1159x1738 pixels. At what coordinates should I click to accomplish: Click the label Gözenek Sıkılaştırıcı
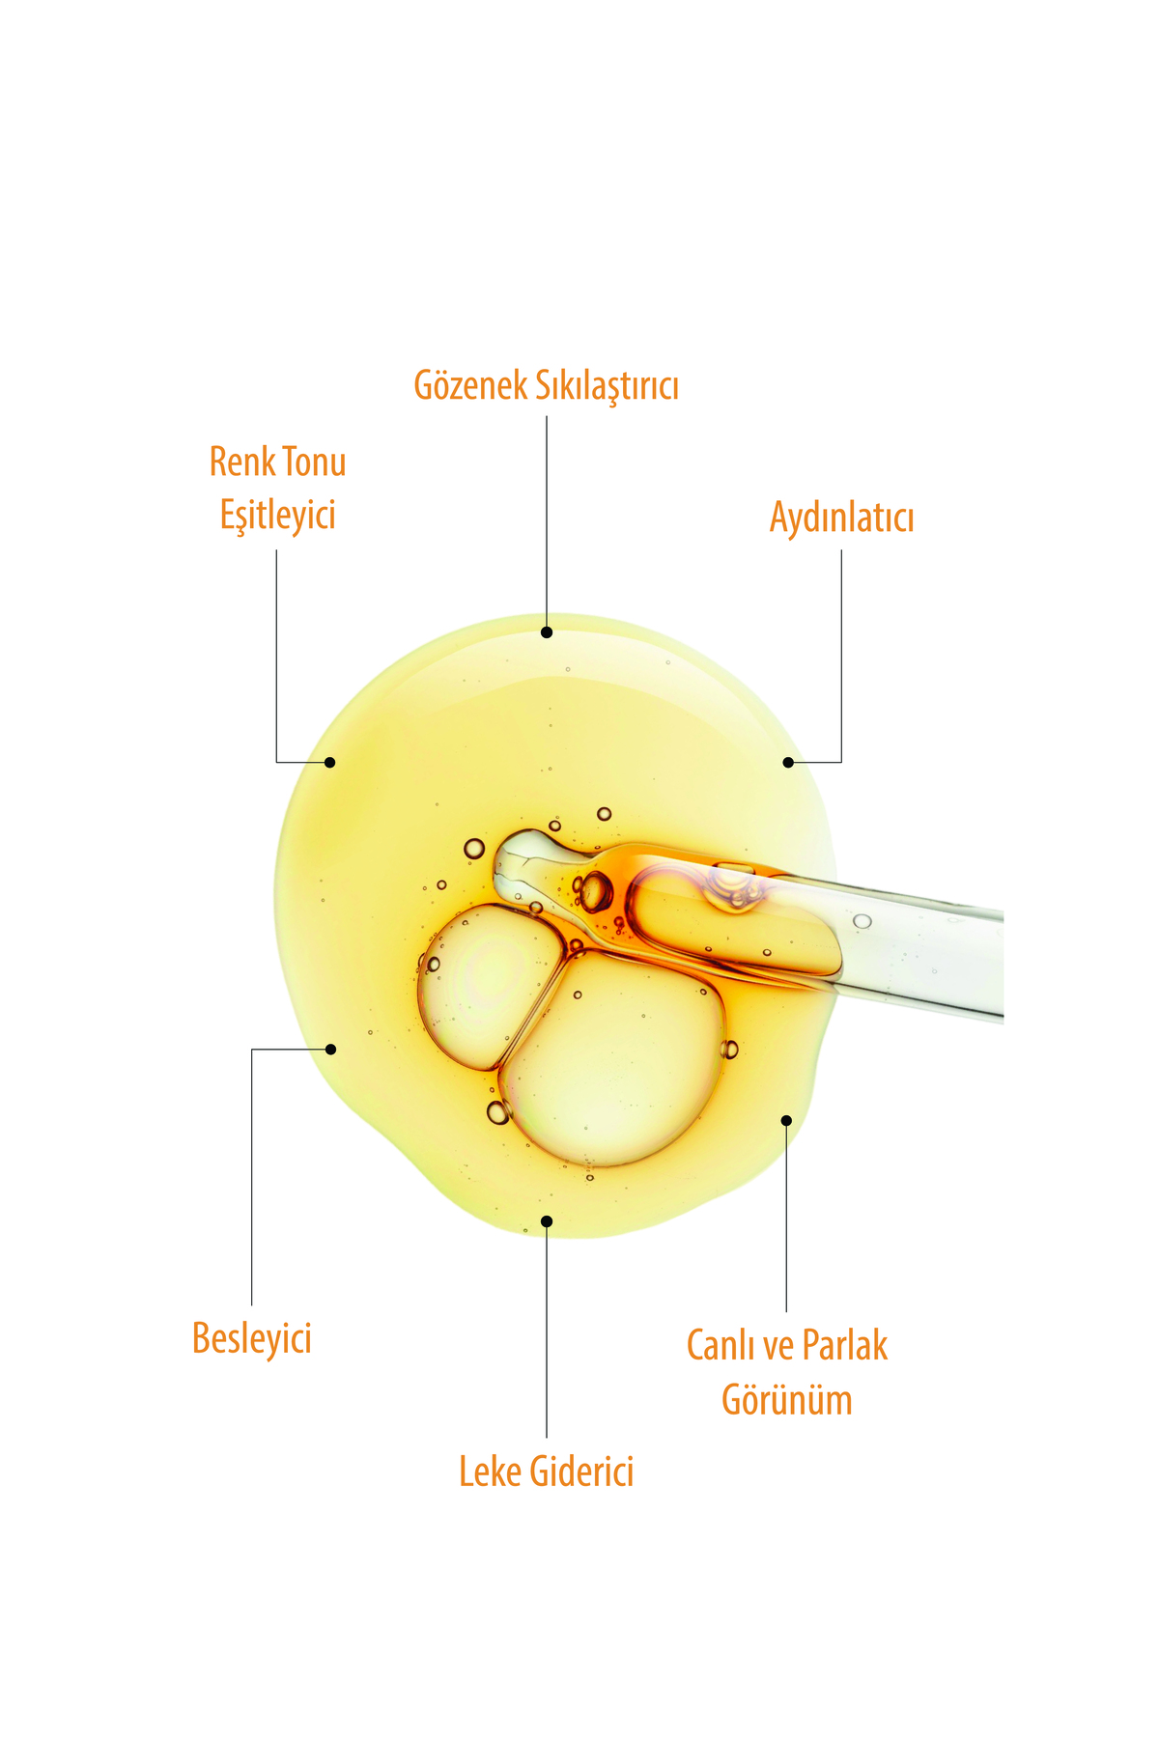click(x=547, y=385)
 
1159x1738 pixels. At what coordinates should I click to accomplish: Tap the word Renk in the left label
click(x=241, y=462)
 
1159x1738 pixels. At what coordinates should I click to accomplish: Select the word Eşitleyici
click(x=278, y=516)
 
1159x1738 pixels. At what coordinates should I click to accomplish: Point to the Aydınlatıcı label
click(x=841, y=519)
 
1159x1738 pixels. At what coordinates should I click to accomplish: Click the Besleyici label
click(x=252, y=1338)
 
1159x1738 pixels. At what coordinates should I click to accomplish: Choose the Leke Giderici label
click(x=547, y=1472)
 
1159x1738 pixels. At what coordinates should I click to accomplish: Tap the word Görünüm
click(x=787, y=1400)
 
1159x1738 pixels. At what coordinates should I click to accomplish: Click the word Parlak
click(x=845, y=1345)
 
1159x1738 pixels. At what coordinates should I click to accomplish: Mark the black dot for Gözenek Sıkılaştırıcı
click(x=547, y=632)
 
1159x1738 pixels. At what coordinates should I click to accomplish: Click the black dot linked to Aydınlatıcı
click(x=788, y=762)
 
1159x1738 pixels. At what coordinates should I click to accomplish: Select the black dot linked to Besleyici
click(x=330, y=1049)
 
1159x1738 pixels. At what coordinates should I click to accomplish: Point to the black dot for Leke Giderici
click(x=547, y=1221)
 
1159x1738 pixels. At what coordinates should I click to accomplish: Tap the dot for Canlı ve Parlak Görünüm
click(x=786, y=1120)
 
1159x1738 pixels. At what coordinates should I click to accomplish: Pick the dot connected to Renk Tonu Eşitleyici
click(x=329, y=762)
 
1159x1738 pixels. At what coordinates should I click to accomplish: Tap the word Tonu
click(x=314, y=462)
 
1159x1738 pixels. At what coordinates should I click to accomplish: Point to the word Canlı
click(x=721, y=1345)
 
